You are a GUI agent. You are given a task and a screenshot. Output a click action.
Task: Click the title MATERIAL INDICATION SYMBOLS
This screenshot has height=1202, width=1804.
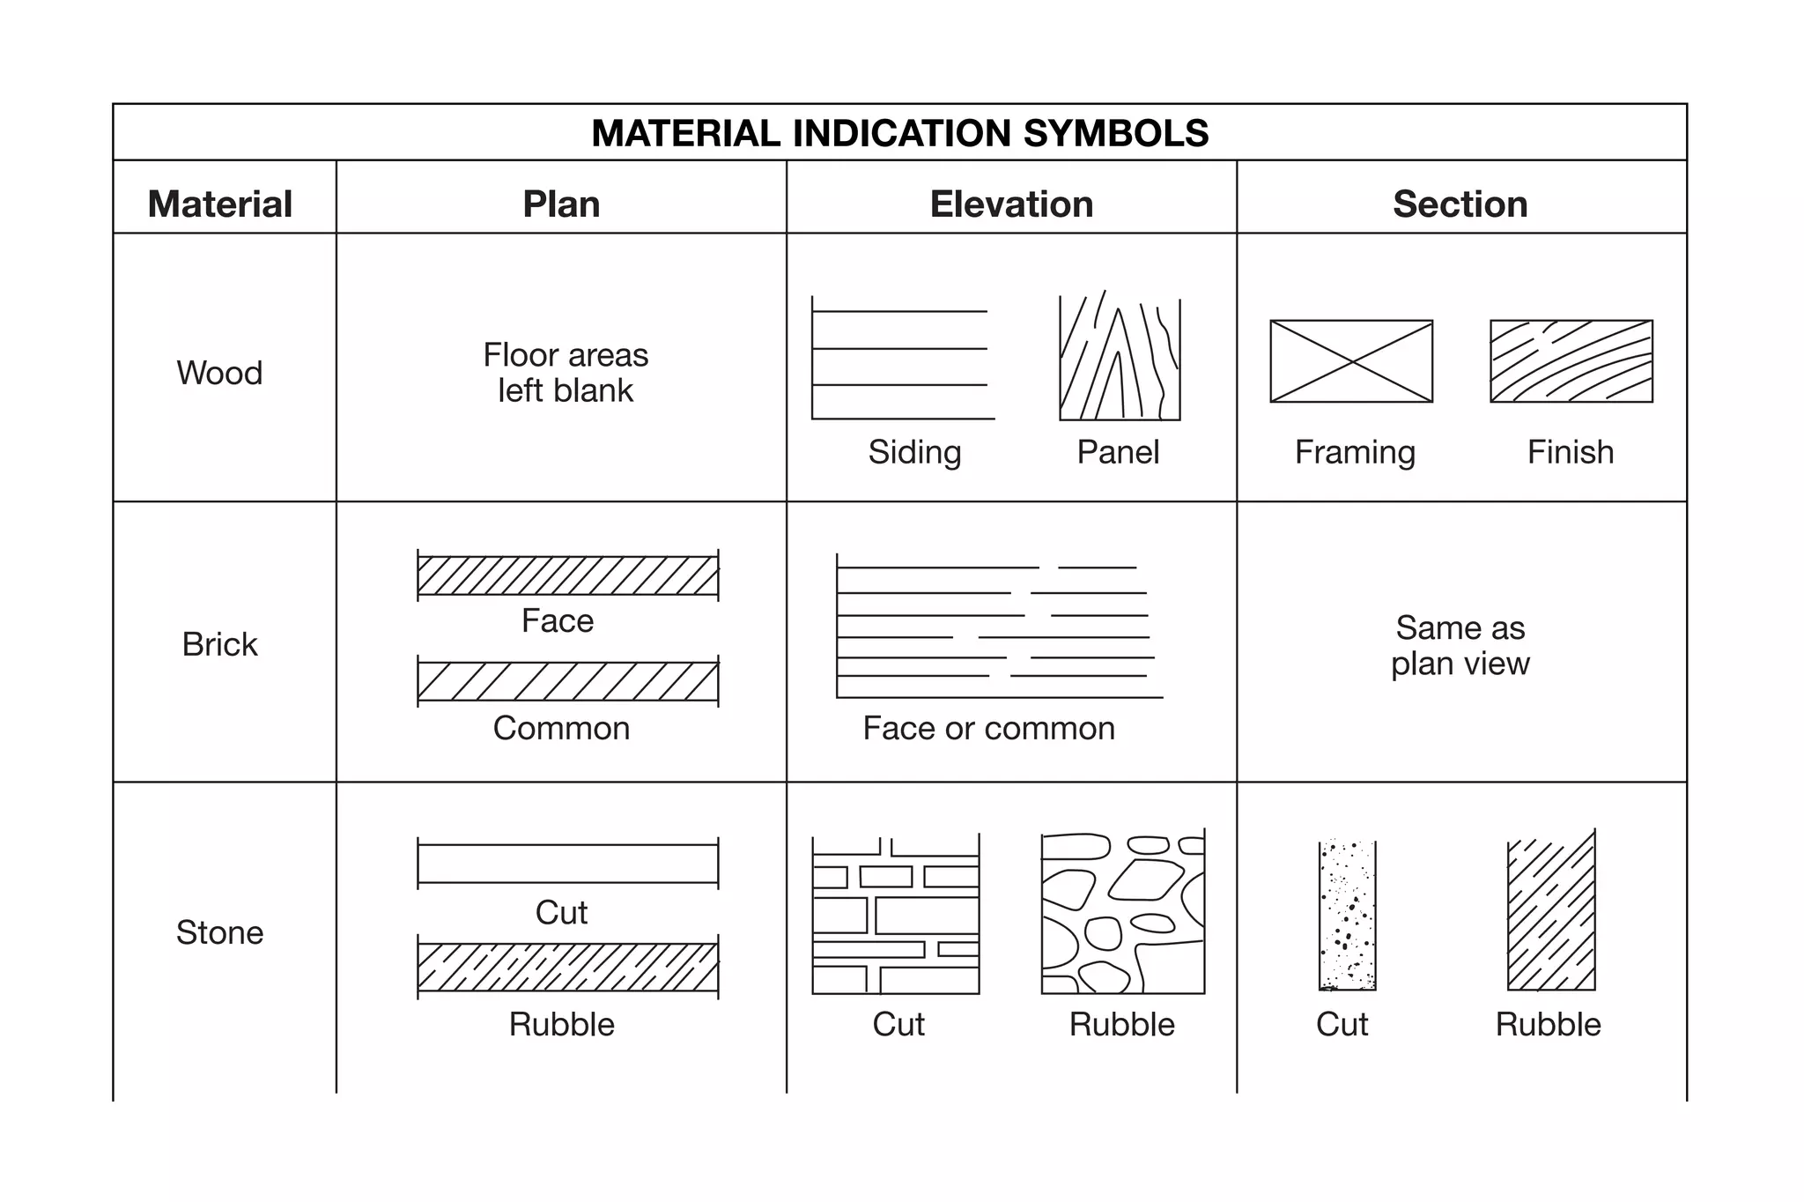click(899, 133)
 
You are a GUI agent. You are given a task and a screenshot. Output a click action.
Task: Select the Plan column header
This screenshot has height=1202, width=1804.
click(561, 204)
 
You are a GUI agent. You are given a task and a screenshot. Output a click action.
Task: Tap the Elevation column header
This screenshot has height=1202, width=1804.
click(1011, 204)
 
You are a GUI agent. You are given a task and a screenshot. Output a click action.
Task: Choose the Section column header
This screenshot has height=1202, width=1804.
click(1460, 204)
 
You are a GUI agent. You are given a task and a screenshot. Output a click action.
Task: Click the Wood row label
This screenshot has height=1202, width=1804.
click(219, 373)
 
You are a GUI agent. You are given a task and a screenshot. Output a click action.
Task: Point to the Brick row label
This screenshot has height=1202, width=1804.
click(219, 644)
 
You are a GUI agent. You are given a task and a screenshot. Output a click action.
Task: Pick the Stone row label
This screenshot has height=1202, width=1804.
click(219, 932)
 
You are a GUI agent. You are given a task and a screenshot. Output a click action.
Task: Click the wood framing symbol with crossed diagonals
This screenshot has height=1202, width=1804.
click(1351, 361)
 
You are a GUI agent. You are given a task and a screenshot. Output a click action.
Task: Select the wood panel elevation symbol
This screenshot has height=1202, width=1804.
click(1119, 359)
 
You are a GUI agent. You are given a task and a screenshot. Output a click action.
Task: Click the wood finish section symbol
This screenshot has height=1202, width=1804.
click(1571, 361)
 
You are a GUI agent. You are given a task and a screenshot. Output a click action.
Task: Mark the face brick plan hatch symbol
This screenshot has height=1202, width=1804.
click(567, 575)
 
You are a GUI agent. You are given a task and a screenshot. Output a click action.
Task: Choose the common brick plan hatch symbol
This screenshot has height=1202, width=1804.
click(567, 681)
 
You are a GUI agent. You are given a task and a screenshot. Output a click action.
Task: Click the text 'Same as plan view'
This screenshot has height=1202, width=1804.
click(1460, 645)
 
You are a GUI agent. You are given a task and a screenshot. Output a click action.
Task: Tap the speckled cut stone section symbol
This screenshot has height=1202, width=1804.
click(1347, 916)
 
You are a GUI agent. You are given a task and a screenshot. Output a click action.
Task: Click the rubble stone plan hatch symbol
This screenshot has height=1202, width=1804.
click(567, 967)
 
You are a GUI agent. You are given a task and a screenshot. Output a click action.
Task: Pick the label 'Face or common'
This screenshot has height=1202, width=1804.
click(988, 728)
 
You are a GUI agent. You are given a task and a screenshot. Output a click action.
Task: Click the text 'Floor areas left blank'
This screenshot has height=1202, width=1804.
click(566, 373)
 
